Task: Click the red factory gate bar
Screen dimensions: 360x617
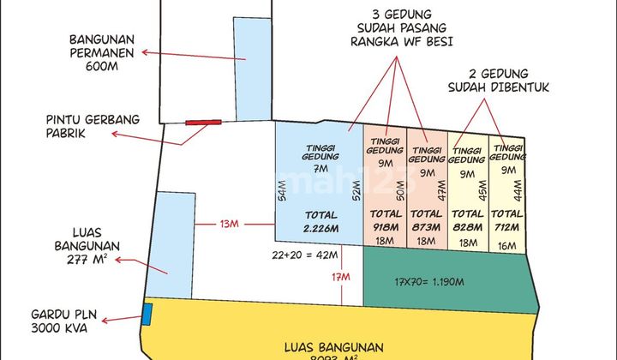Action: pos(204,123)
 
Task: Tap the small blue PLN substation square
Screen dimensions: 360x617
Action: pos(147,315)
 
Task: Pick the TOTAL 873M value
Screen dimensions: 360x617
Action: pos(427,220)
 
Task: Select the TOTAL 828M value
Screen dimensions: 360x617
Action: pos(467,220)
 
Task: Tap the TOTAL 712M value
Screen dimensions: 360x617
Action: pos(507,220)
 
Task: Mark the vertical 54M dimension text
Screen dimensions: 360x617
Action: pos(284,196)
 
